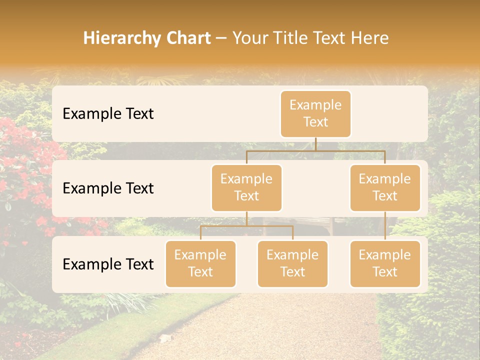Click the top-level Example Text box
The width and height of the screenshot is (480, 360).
pyautogui.click(x=315, y=113)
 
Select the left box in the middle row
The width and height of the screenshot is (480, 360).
pyautogui.click(x=246, y=187)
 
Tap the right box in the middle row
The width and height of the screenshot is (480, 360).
pyautogui.click(x=385, y=187)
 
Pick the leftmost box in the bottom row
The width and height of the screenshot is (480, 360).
pyautogui.click(x=200, y=263)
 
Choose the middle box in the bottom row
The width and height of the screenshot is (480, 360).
pyautogui.click(x=292, y=263)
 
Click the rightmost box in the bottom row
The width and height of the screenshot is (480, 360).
pyautogui.click(x=385, y=263)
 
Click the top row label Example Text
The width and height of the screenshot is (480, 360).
pyautogui.click(x=108, y=114)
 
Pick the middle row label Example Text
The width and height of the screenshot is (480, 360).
pyautogui.click(x=108, y=188)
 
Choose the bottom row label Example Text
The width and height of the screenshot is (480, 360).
pyautogui.click(x=108, y=264)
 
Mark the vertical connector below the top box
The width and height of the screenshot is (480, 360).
pyautogui.click(x=315, y=144)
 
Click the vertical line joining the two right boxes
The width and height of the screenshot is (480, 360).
pyautogui.click(x=385, y=226)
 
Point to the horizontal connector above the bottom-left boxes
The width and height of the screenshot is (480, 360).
pyautogui.click(x=246, y=226)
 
